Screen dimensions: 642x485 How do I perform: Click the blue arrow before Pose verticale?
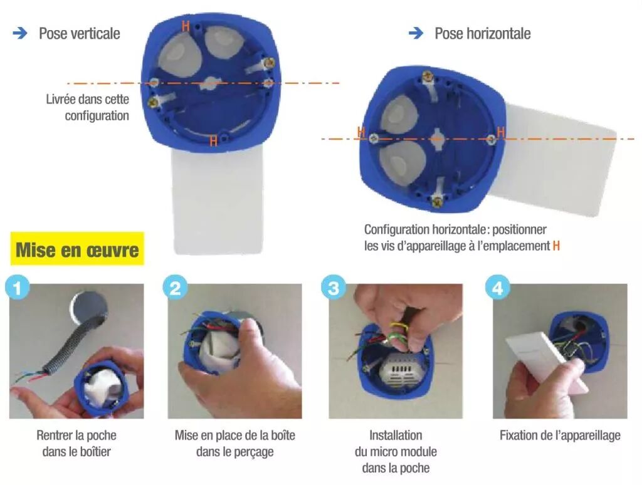click(x=20, y=33)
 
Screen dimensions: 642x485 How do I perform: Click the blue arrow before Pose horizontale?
click(x=416, y=33)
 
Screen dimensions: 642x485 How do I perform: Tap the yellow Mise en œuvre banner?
click(x=77, y=249)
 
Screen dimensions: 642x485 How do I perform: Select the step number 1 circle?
click(x=18, y=288)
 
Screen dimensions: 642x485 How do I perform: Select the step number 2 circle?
click(x=176, y=288)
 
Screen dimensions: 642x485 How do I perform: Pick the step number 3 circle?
click(x=334, y=288)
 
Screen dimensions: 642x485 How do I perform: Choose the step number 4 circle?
click(x=497, y=288)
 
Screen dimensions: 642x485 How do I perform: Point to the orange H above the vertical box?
click(x=186, y=26)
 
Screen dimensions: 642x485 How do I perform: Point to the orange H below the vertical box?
click(x=213, y=141)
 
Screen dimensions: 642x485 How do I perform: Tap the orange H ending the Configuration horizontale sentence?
click(x=556, y=246)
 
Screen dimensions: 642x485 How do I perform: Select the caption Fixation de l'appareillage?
click(x=560, y=435)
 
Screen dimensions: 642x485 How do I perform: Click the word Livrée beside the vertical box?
click(x=61, y=99)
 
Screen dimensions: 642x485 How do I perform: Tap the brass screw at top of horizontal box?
click(x=428, y=76)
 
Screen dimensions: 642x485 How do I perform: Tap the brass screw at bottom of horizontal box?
click(x=437, y=201)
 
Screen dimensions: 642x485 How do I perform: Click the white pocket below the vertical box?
click(x=217, y=201)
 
